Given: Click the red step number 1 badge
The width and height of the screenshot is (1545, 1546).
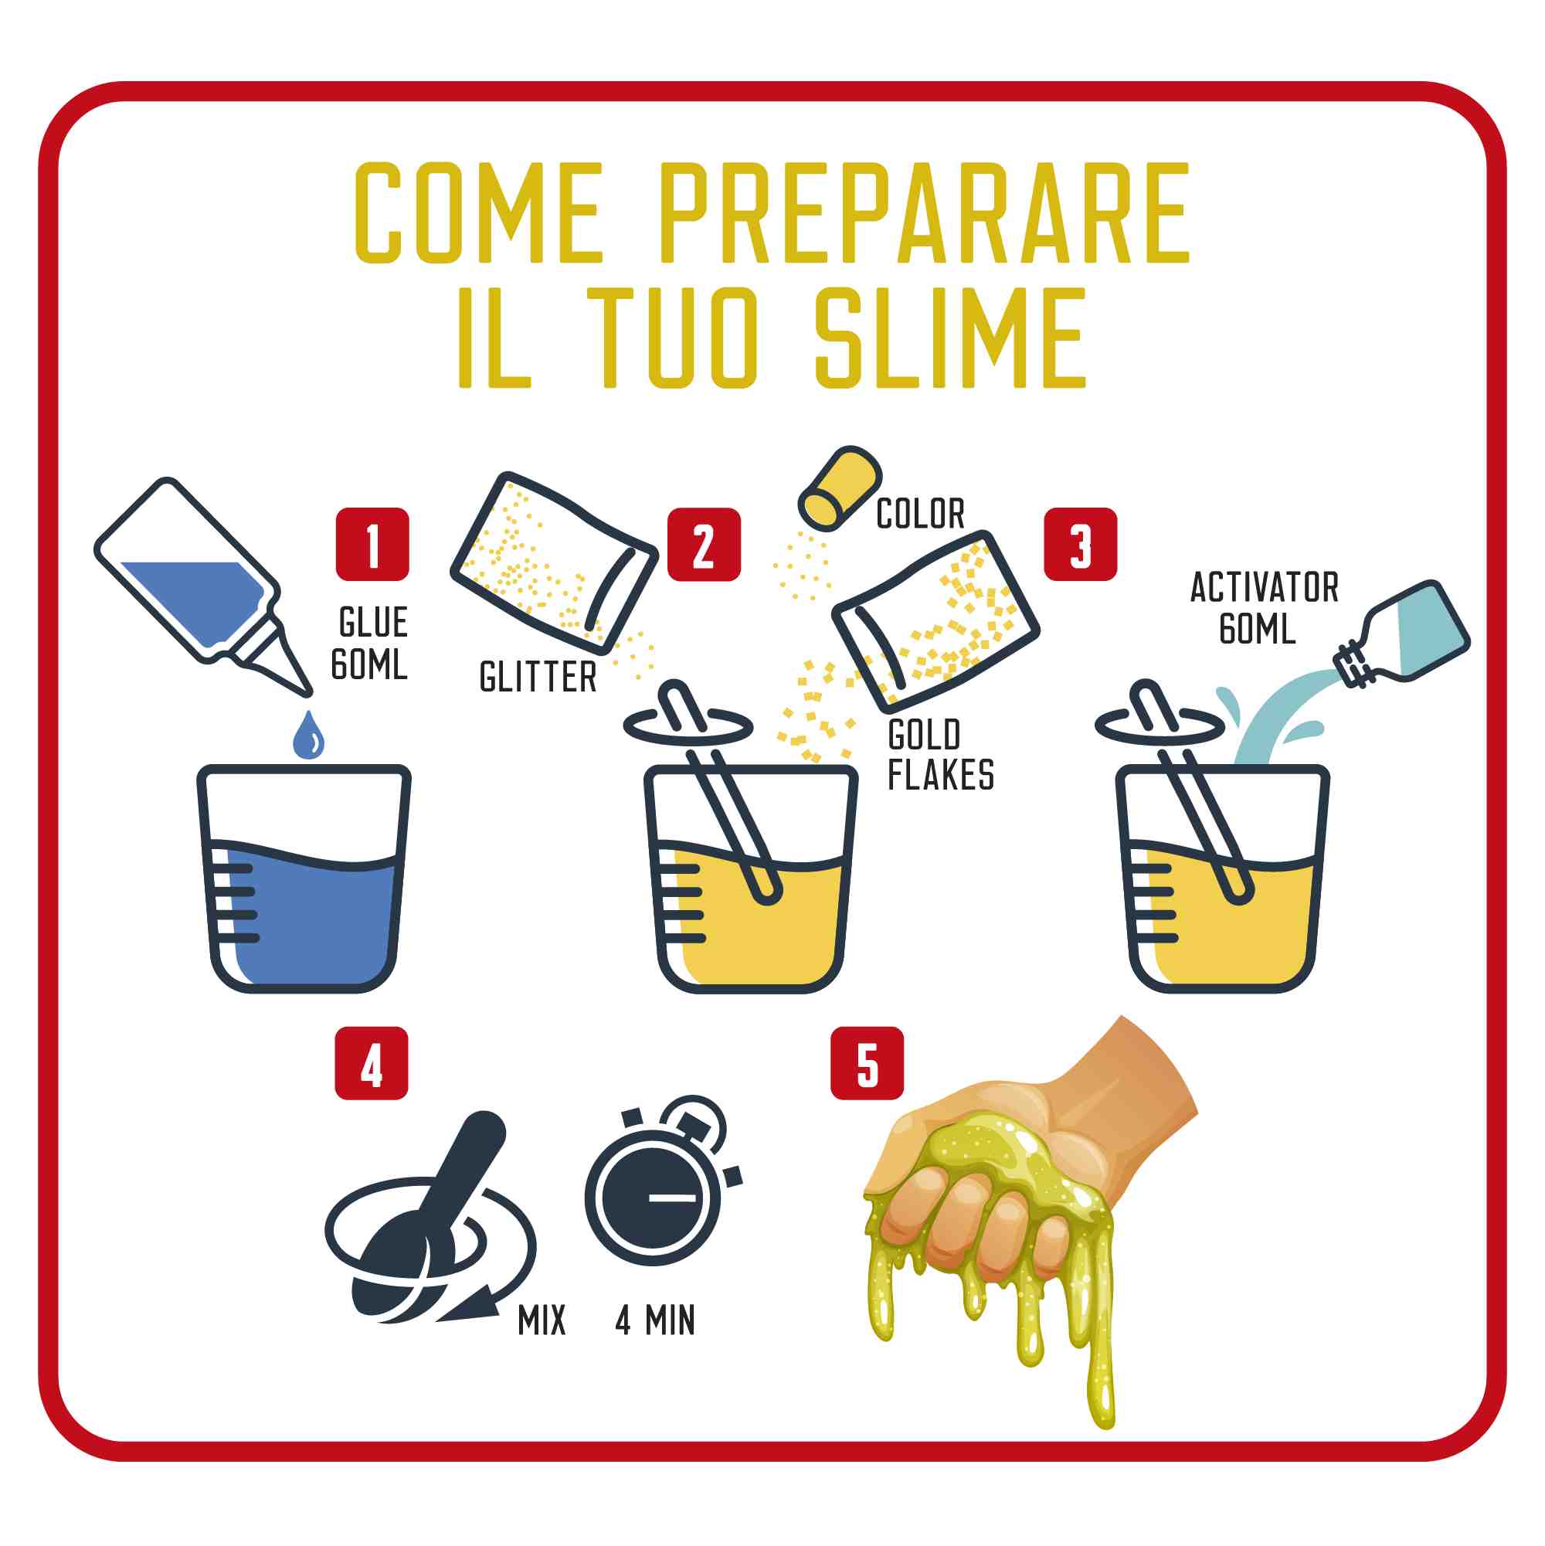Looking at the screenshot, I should (x=372, y=544).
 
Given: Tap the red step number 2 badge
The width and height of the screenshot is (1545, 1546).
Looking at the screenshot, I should (x=704, y=544).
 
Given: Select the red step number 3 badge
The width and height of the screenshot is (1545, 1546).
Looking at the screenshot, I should (x=1080, y=544).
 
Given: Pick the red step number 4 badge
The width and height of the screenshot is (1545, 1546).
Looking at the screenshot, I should (x=372, y=1063).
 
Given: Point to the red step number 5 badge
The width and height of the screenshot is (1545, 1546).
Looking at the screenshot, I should (x=868, y=1063).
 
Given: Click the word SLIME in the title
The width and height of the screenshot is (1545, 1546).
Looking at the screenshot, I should (x=950, y=338).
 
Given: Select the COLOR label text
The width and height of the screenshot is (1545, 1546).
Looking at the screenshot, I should (x=920, y=514).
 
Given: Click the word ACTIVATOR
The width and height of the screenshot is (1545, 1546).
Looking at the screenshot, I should (x=1264, y=588).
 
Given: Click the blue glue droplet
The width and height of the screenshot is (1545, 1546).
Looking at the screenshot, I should (x=309, y=736).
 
